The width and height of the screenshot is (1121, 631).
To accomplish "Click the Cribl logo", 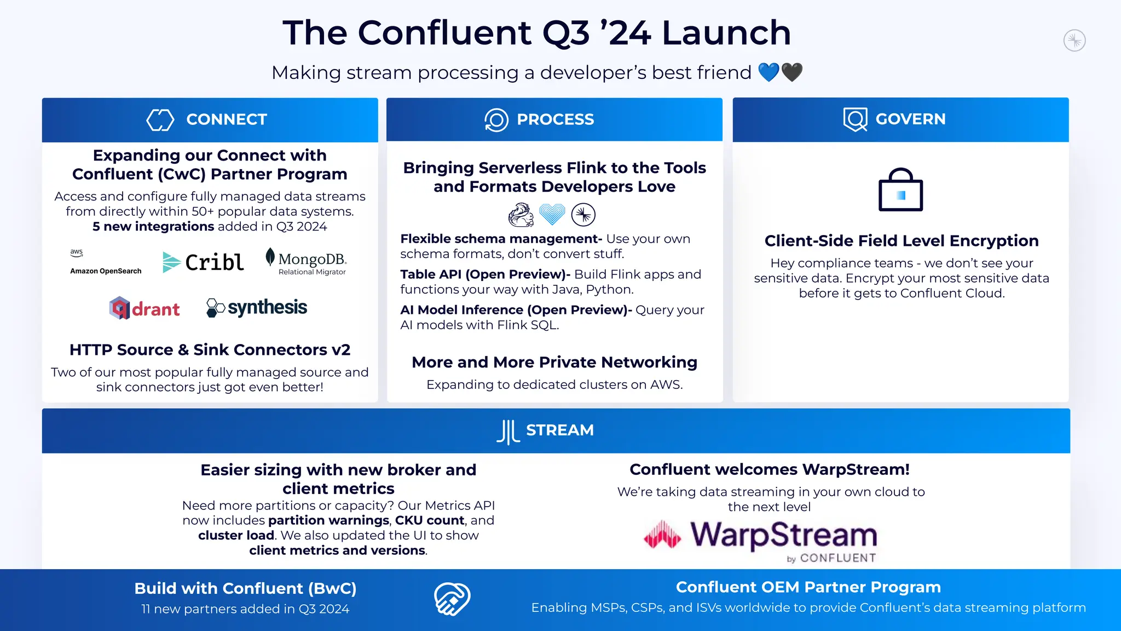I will tap(203, 262).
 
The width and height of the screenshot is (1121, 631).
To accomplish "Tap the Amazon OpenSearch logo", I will tap(106, 262).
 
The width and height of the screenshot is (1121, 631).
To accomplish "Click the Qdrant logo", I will tap(145, 308).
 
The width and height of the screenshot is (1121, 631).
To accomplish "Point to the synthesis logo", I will tap(257, 308).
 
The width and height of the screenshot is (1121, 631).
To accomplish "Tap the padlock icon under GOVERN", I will tap(900, 190).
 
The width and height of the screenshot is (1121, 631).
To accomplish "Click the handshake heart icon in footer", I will tap(452, 599).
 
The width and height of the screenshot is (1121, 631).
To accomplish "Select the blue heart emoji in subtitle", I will tap(768, 72).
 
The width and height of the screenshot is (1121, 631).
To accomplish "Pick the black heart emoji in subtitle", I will tap(792, 72).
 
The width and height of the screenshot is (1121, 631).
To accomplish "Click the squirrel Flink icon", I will tap(521, 215).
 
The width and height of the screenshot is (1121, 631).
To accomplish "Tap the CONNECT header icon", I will tap(160, 119).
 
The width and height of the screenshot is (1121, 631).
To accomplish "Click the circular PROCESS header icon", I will tap(496, 119).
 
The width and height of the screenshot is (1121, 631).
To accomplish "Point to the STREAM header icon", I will tap(507, 432).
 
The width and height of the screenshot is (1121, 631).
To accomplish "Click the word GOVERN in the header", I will tap(910, 119).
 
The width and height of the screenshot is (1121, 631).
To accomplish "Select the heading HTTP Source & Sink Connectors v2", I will tap(210, 349).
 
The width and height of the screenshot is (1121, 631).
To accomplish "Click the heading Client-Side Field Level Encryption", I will tap(901, 240).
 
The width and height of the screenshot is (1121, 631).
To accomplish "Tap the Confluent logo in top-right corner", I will tap(1074, 41).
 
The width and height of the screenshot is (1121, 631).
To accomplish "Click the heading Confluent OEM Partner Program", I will tap(808, 587).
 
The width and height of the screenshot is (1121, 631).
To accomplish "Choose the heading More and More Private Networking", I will tap(554, 362).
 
